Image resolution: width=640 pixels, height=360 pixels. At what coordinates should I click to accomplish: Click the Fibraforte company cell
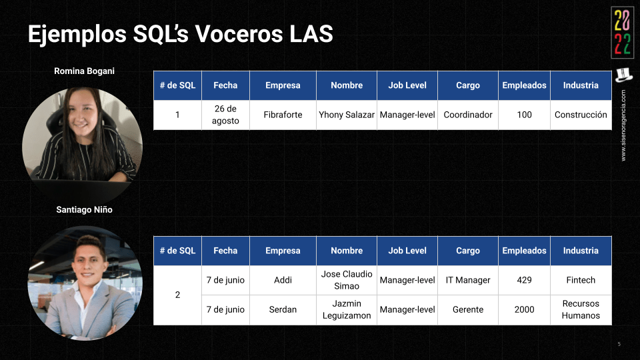pos(283,115)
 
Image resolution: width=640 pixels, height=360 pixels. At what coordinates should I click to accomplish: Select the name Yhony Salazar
pos(347,115)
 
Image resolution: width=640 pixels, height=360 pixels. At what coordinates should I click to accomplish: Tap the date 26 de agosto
pos(225,115)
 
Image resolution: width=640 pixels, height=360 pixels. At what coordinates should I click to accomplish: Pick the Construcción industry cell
pos(581,115)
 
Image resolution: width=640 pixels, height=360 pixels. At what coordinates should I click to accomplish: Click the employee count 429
pos(524,280)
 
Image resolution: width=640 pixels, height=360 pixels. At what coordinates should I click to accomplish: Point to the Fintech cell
pos(581,280)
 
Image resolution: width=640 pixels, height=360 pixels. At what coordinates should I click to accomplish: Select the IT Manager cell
pos(468,280)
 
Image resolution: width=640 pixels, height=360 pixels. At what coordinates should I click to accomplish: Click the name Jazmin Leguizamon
pos(347,309)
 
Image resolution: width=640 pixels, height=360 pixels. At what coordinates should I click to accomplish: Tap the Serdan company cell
pos(283,309)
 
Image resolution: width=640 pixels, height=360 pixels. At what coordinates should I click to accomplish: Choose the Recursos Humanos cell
pos(581,309)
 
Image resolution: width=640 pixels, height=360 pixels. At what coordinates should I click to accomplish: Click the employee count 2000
pos(524,309)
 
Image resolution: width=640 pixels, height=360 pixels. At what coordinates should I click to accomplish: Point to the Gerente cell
pos(468,309)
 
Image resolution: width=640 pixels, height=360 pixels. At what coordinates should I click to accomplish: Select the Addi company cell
pos(283,280)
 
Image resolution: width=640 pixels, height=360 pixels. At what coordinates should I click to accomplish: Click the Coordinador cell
pos(468,115)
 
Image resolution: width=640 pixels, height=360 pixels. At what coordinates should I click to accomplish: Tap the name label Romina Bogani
pos(84,71)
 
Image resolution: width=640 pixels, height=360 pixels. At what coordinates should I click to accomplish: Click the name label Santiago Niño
pos(84,210)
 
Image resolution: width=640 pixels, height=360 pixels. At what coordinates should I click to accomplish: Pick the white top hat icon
pos(623,75)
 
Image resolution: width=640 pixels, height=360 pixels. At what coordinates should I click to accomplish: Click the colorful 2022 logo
pos(623,33)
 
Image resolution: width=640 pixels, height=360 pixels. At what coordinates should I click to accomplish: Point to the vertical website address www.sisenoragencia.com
pos(623,125)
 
